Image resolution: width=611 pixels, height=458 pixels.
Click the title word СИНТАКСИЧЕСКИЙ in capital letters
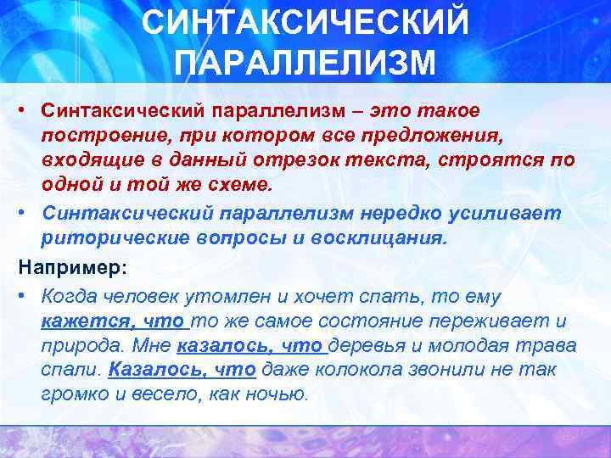(305, 24)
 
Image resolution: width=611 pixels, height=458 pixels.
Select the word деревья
(368, 346)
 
